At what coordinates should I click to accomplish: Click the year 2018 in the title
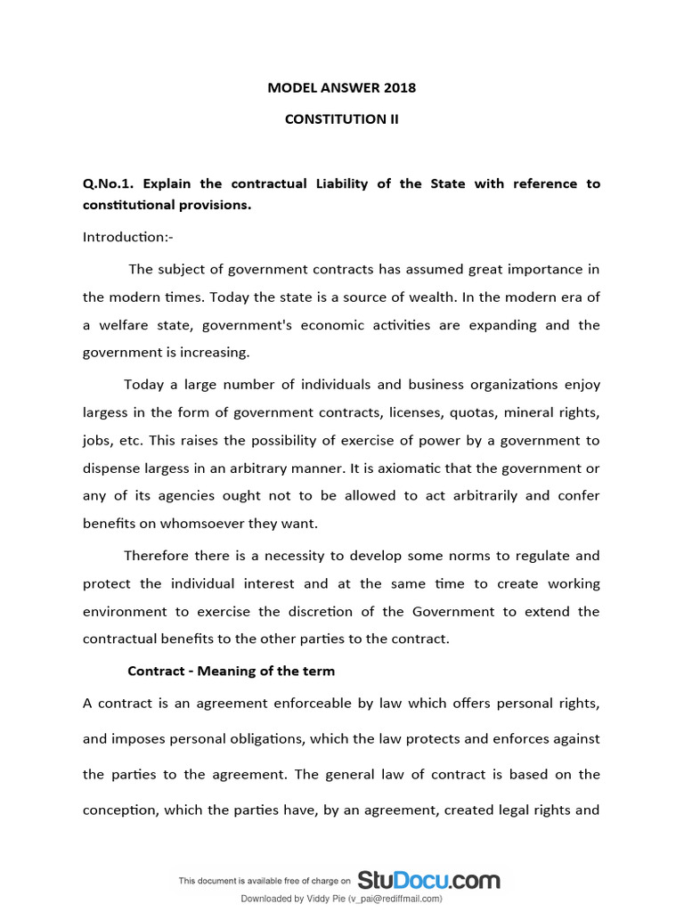coord(400,88)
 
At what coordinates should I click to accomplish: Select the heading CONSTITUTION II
coord(341,118)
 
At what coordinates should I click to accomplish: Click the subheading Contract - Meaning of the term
coord(232,671)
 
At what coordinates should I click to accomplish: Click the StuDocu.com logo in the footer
coord(428,881)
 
